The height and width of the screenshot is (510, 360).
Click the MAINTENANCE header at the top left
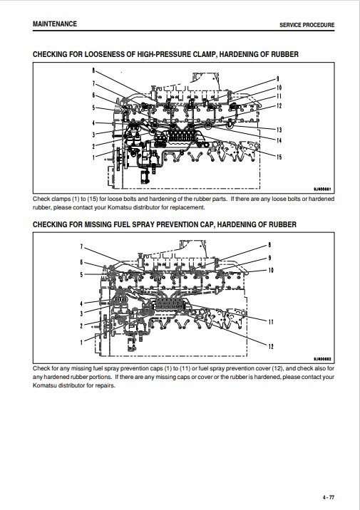click(x=55, y=24)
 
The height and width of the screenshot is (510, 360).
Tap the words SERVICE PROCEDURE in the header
click(x=307, y=25)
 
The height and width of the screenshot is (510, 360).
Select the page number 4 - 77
click(x=329, y=497)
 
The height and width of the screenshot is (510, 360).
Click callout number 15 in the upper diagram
click(x=279, y=157)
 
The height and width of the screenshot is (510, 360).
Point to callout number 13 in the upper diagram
click(x=279, y=130)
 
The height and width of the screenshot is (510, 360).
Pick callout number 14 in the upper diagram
click(x=279, y=140)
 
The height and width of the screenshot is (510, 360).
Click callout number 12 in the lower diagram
click(x=271, y=346)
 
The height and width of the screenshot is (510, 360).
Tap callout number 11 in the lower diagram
click(x=271, y=322)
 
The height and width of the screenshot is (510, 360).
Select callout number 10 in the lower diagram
click(x=271, y=270)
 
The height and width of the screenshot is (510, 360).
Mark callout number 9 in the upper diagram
click(x=277, y=78)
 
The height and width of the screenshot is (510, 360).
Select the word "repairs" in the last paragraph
click(x=105, y=386)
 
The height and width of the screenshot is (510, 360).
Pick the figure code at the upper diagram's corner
click(x=322, y=189)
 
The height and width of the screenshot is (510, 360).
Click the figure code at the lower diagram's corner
click(x=322, y=359)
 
